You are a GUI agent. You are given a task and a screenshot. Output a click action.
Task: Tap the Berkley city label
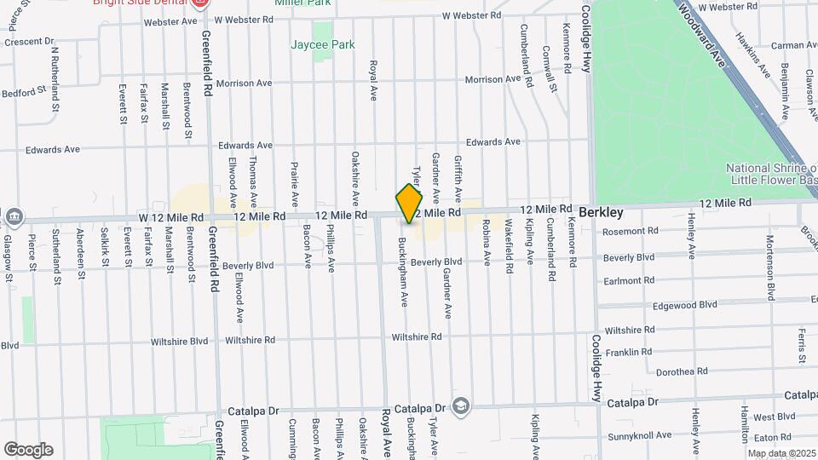pyautogui.click(x=601, y=212)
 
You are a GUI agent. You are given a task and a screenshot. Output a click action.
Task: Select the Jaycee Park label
pyautogui.click(x=322, y=44)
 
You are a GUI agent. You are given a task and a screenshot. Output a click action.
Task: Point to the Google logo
pyautogui.click(x=28, y=450)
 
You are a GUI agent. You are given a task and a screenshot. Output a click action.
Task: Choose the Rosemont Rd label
pyautogui.click(x=630, y=231)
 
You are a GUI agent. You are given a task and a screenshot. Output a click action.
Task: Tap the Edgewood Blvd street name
pyautogui.click(x=684, y=304)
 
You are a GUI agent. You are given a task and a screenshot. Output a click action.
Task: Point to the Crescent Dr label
pyautogui.click(x=28, y=41)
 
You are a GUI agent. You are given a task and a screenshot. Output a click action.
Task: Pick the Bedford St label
pyautogui.click(x=23, y=92)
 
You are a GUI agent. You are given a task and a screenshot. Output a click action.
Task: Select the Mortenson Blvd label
pyautogui.click(x=769, y=267)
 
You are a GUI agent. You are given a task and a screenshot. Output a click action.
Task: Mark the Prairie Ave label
pyautogui.click(x=294, y=182)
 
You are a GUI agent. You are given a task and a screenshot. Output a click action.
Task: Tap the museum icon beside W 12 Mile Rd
pyautogui.click(x=14, y=217)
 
